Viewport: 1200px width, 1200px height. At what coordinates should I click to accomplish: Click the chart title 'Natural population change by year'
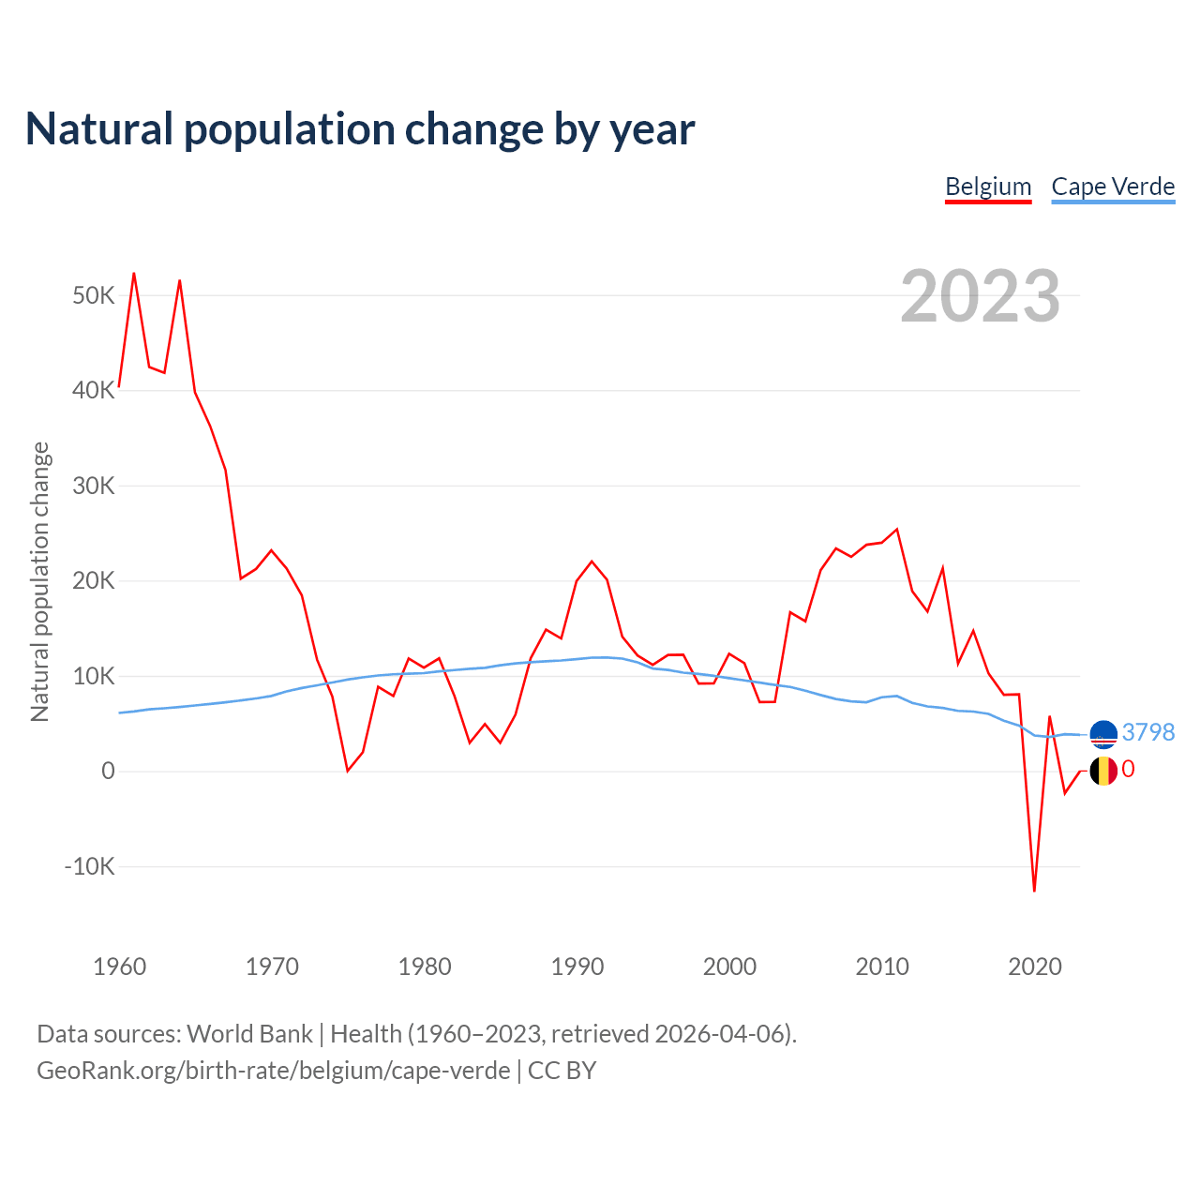pyautogui.click(x=360, y=129)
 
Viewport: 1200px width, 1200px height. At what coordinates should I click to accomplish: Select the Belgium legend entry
pyautogui.click(x=988, y=187)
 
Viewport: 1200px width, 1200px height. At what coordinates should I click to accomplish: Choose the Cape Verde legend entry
pyautogui.click(x=1113, y=187)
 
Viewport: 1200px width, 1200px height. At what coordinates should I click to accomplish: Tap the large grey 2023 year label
pyautogui.click(x=980, y=296)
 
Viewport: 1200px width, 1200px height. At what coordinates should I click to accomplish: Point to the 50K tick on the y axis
pyautogui.click(x=94, y=296)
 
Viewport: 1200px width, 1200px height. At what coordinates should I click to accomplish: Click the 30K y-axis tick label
pyautogui.click(x=94, y=486)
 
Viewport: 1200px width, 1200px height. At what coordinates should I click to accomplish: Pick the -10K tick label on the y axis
pyautogui.click(x=90, y=866)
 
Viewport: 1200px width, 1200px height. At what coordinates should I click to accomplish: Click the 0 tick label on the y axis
pyautogui.click(x=108, y=771)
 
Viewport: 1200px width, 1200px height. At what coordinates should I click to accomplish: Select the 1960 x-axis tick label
pyautogui.click(x=120, y=967)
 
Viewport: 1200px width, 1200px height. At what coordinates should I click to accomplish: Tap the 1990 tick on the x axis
pyautogui.click(x=577, y=967)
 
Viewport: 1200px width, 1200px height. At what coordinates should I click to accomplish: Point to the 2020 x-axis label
pyautogui.click(x=1034, y=967)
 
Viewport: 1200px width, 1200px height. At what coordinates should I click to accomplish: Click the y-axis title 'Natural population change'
pyautogui.click(x=40, y=582)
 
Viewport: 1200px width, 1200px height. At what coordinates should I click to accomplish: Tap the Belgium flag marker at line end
pyautogui.click(x=1103, y=771)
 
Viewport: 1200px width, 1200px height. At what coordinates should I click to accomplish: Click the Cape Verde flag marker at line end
pyautogui.click(x=1103, y=733)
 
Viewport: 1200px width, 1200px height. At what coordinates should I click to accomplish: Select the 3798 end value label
pyautogui.click(x=1147, y=732)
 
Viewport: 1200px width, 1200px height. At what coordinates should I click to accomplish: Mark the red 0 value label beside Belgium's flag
pyautogui.click(x=1128, y=770)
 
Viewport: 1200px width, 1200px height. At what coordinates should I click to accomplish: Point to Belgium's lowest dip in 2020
pyautogui.click(x=1034, y=890)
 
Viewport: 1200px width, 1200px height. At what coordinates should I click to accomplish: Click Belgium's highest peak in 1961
pyautogui.click(x=134, y=274)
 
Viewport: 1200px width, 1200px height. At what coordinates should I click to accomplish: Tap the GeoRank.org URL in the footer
pyautogui.click(x=274, y=1071)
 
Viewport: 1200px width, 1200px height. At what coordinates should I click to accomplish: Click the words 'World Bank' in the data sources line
pyautogui.click(x=249, y=1034)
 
